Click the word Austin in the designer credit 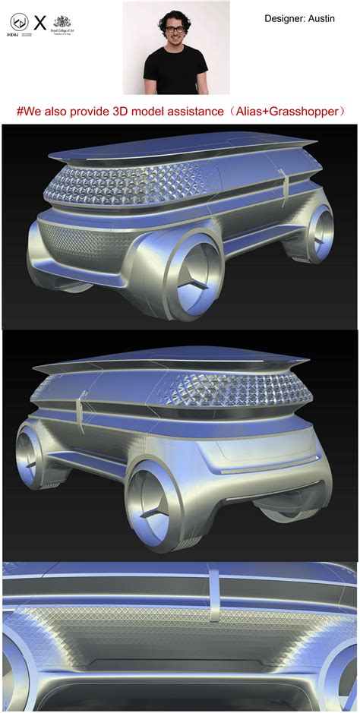(x=320, y=17)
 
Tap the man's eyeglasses (x=174, y=30)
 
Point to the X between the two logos (x=39, y=24)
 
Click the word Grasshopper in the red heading (x=307, y=112)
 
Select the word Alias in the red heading (x=257, y=112)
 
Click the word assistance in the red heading (x=201, y=112)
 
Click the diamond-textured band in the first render (x=152, y=186)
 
